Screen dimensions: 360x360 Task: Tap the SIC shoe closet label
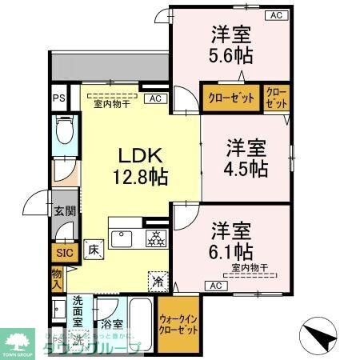pos(63,253)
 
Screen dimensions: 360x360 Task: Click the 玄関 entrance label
pos(65,211)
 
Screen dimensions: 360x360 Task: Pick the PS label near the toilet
pos(58,98)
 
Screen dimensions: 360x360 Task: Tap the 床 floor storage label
pos(94,248)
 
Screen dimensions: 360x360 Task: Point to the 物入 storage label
pos(57,278)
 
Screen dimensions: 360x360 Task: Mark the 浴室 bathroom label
pos(112,326)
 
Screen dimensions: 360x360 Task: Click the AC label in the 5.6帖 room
pos(274,15)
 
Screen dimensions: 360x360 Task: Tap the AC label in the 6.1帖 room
pos(214,286)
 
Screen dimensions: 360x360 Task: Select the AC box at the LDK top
pos(156,98)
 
